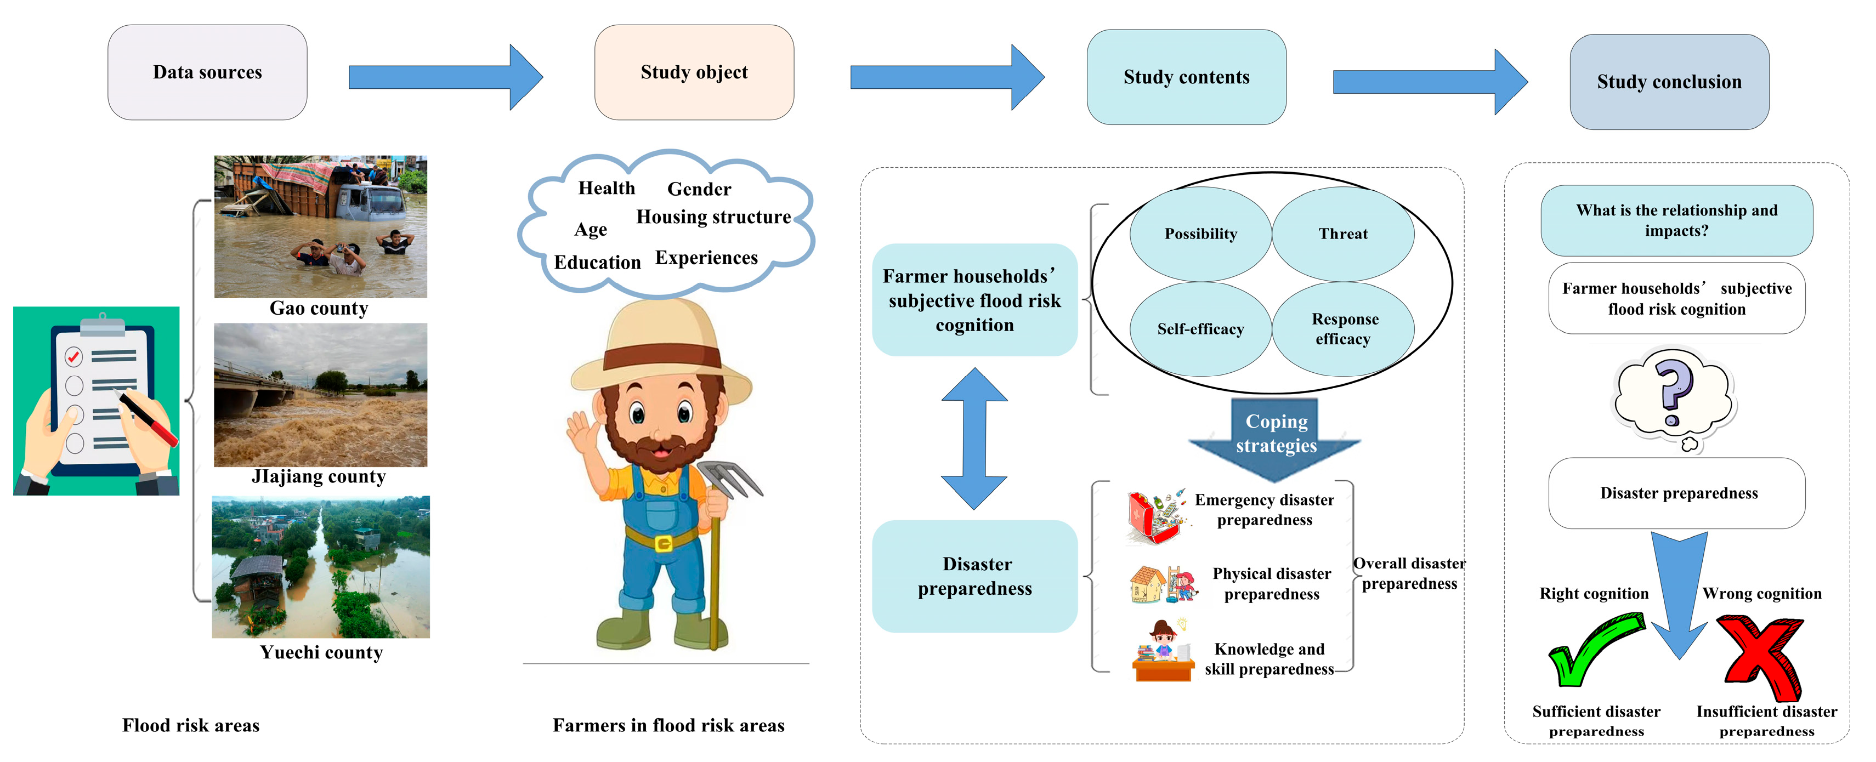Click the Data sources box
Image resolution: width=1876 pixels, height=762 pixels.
pos(207,72)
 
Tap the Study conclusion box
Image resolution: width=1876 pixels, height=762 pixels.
pos(1669,82)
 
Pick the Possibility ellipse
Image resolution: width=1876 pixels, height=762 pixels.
pos(1200,234)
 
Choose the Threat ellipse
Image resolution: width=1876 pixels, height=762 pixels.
pos(1343,234)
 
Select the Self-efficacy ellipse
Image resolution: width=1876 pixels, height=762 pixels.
pos(1200,329)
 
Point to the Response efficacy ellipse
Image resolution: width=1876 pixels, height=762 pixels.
pos(1343,329)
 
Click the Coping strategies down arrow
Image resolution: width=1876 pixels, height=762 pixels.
pos(1275,437)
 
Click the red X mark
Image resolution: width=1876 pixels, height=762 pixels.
pos(1761,655)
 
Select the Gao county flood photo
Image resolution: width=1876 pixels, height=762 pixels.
pos(320,226)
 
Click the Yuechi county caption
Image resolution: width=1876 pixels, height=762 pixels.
pos(321,652)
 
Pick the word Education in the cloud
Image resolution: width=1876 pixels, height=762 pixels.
pos(597,262)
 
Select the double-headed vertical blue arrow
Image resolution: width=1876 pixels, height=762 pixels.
pos(974,438)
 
